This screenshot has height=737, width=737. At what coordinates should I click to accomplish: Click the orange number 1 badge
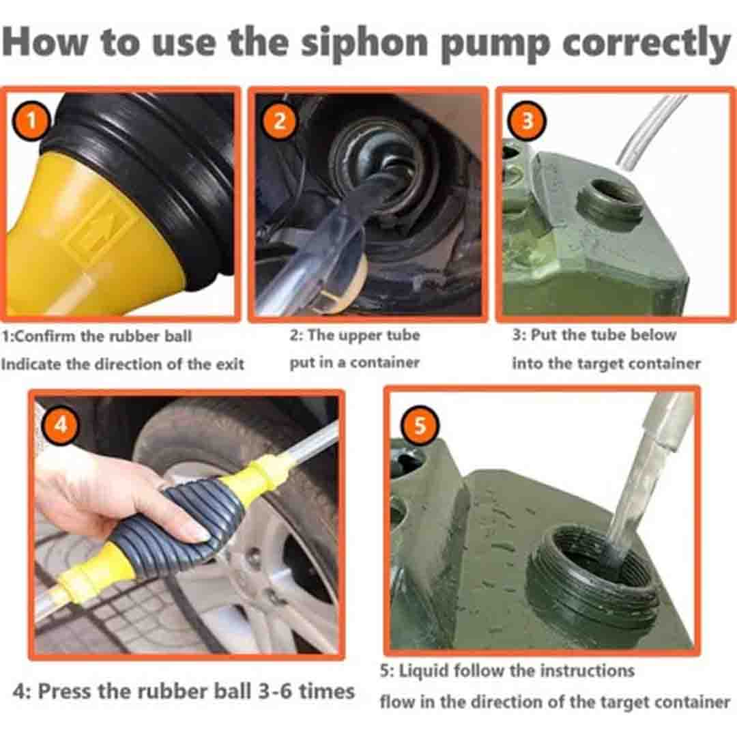pos(31,121)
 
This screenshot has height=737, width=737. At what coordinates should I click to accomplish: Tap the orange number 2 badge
pos(279,121)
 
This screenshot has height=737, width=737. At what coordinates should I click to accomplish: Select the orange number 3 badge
pos(528,121)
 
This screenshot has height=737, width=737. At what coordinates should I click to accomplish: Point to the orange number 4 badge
pos(61,425)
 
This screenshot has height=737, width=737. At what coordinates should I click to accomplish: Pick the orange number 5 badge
pos(420,425)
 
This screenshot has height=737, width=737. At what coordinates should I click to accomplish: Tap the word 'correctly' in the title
pos(646,43)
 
